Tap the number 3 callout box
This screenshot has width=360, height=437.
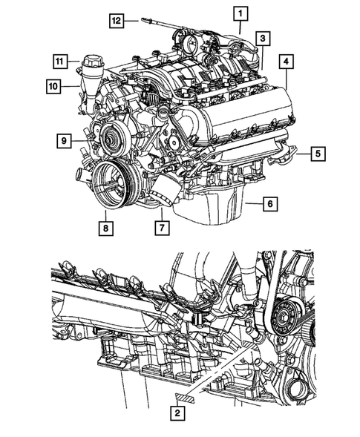point(264,38)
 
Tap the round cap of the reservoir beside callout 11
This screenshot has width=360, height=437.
point(95,60)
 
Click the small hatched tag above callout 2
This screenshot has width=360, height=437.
point(184,398)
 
